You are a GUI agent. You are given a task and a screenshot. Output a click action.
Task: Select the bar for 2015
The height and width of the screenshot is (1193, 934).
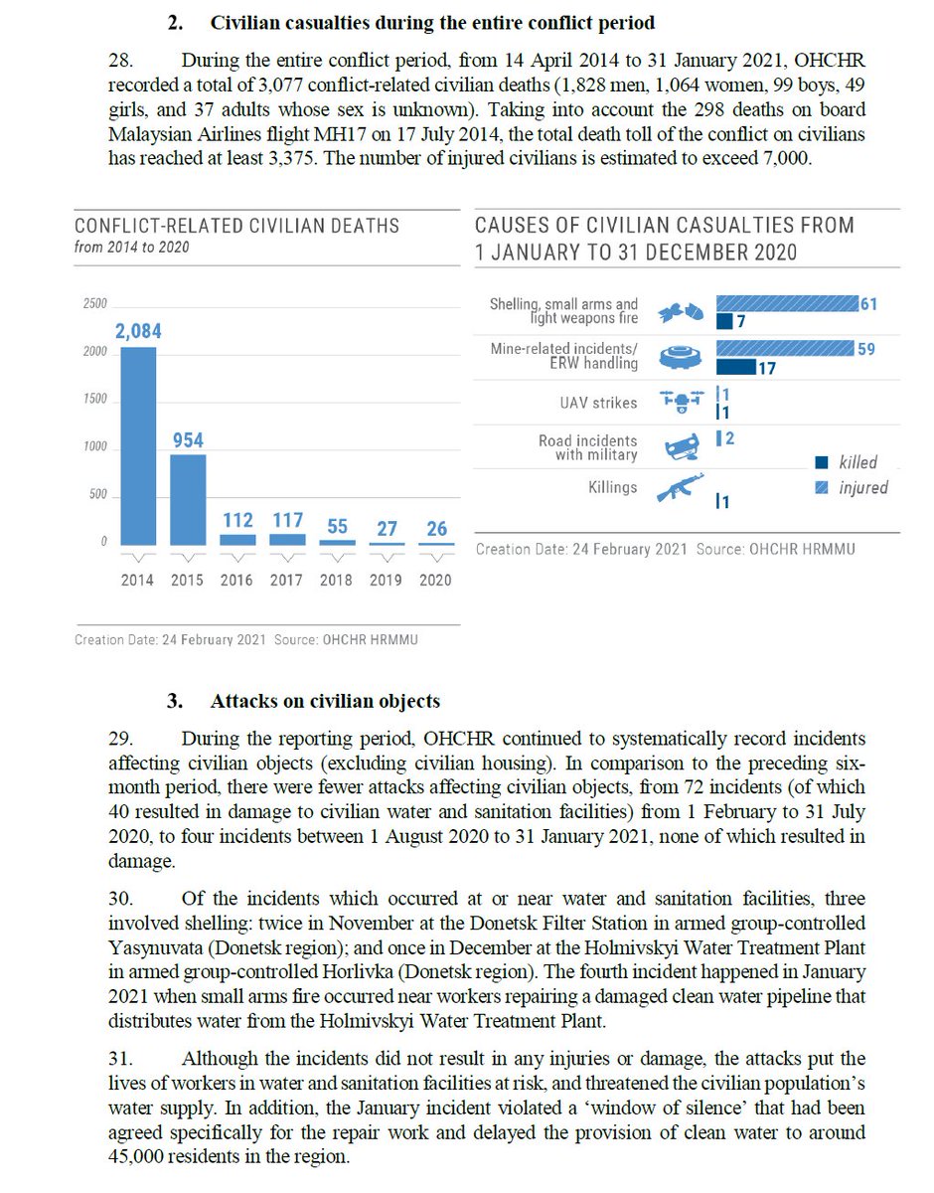point(188,498)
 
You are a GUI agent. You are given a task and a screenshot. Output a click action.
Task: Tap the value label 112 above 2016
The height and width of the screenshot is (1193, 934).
point(237,520)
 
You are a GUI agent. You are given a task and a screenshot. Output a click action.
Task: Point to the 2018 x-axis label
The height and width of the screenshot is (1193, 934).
point(336,580)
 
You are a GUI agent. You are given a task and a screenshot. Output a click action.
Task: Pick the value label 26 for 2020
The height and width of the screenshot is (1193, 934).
point(437,529)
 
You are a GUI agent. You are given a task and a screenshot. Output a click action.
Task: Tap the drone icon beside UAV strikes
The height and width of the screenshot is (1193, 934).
point(682,400)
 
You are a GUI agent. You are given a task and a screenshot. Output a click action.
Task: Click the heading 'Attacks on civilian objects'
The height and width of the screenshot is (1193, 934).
point(325,701)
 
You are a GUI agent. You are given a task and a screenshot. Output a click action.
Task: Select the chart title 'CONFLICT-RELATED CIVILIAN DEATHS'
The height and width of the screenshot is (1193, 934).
point(237,226)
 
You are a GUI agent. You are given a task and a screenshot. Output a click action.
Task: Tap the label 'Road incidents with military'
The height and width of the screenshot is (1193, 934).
point(588,447)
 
